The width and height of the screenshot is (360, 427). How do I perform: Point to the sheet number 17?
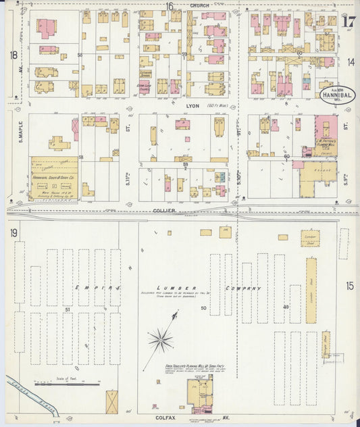tap(349, 21)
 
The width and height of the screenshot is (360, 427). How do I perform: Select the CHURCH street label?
tap(199, 5)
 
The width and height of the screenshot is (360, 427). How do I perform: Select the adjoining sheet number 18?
tap(13, 55)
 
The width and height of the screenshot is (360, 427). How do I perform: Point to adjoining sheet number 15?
tap(350, 286)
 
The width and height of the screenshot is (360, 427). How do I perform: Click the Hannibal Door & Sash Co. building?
tap(54, 178)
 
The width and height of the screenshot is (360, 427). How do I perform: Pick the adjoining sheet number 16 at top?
tap(170, 7)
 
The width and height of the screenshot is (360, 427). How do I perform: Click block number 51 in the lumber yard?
tap(68, 309)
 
